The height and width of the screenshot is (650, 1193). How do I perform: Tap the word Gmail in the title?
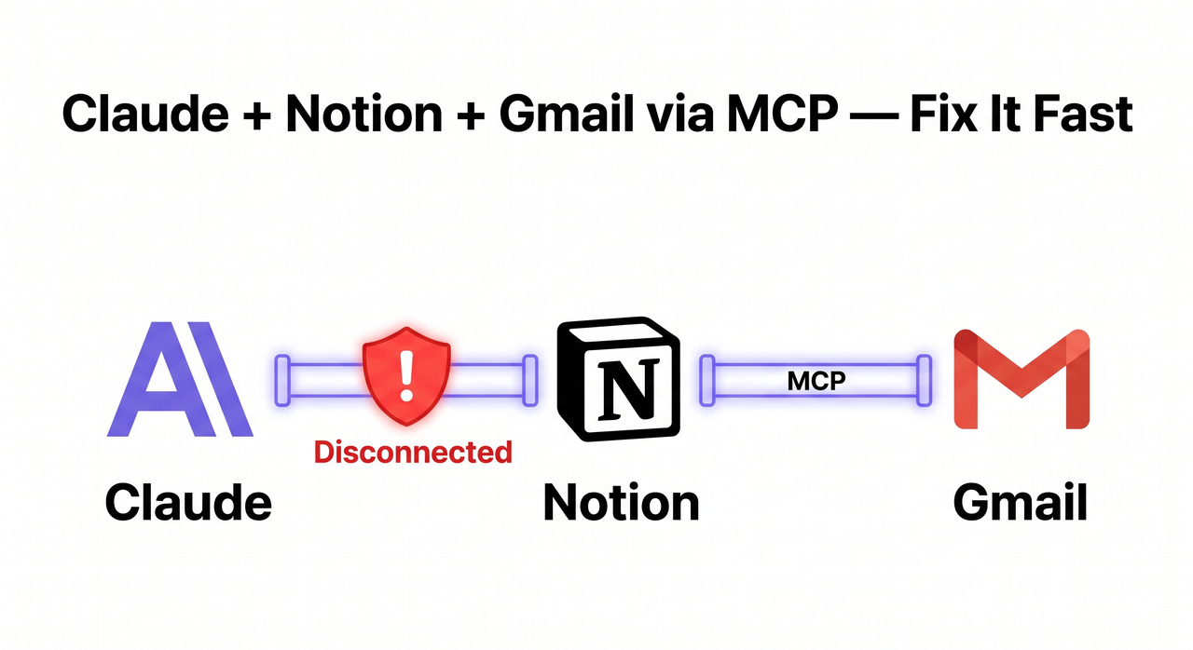578,114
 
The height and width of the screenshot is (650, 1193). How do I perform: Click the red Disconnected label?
413,452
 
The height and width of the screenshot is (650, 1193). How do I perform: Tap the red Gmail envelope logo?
1022,379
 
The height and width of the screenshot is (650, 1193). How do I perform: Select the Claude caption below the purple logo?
188,504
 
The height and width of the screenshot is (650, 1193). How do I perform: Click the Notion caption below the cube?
621,504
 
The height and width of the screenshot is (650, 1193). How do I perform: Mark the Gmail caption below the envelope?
1020,504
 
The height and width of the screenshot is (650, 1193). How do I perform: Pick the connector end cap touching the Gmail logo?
924,380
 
